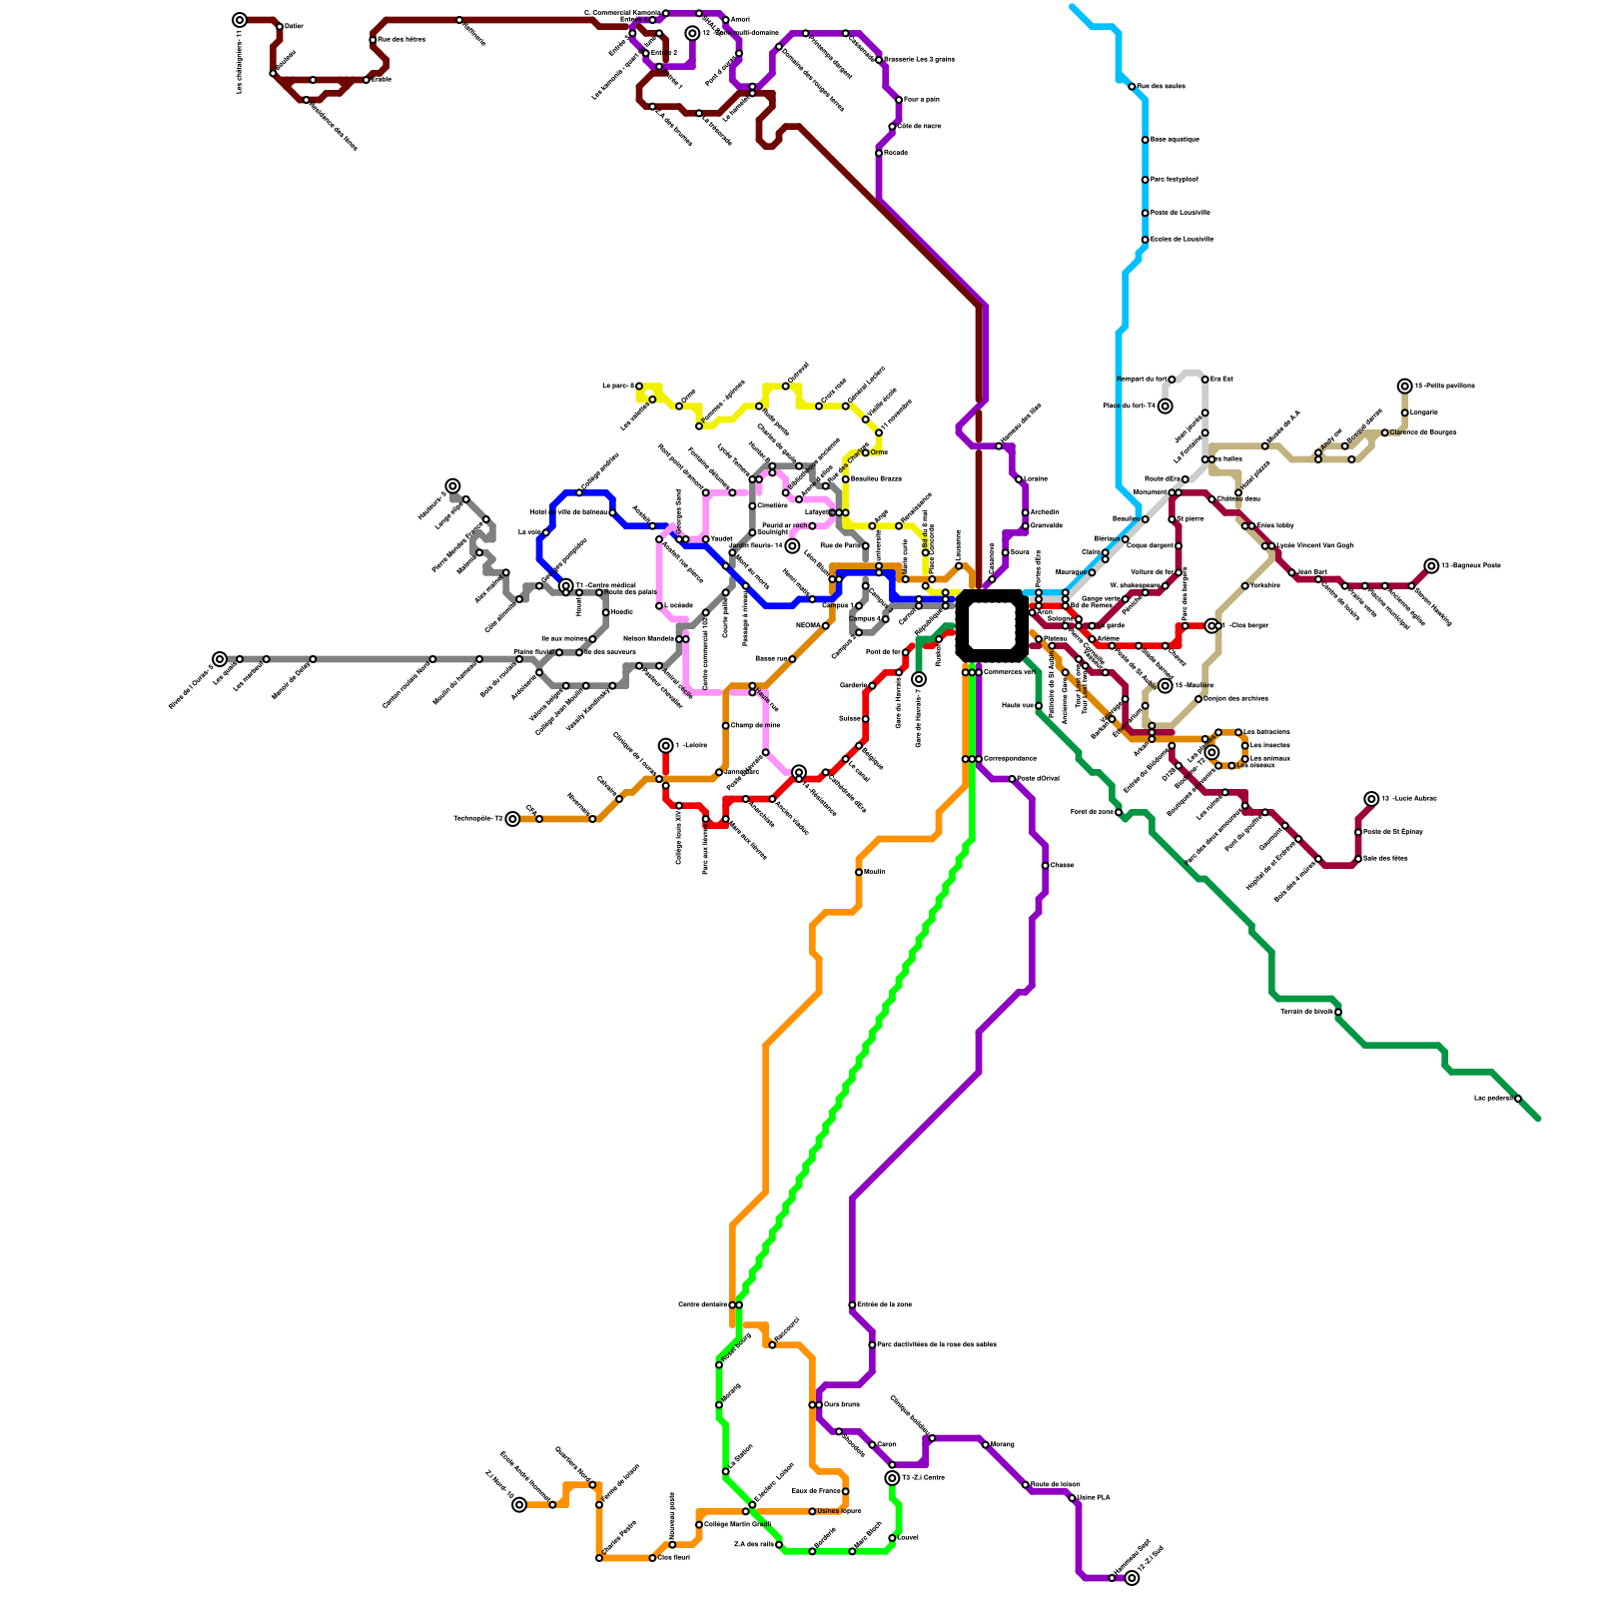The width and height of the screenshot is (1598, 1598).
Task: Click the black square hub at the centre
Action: pos(991,625)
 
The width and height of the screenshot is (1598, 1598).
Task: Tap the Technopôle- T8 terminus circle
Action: pos(512,819)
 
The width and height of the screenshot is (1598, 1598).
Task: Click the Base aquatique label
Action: pos(1175,140)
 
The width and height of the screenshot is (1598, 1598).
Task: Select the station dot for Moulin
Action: pos(859,872)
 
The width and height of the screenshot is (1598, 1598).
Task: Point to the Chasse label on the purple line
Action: pos(1062,865)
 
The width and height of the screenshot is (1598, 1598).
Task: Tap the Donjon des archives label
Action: pos(1235,698)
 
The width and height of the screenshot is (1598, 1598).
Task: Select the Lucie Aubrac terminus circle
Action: pos(1371,799)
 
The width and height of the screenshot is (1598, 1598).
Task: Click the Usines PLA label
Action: pos(1094,1497)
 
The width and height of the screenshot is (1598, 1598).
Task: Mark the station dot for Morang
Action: pos(985,1444)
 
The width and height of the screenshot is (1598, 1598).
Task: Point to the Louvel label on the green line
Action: pos(908,1537)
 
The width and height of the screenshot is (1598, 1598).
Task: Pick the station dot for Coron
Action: pos(872,1444)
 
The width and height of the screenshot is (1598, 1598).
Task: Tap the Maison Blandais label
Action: pos(648,638)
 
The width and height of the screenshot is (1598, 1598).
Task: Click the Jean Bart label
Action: pos(1311,572)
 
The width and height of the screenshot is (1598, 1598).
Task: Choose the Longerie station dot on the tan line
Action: pos(1404,412)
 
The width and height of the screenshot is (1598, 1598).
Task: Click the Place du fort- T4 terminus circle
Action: pos(1165,405)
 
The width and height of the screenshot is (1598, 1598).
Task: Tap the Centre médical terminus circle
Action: pos(566,585)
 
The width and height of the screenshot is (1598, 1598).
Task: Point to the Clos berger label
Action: pos(1247,625)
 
